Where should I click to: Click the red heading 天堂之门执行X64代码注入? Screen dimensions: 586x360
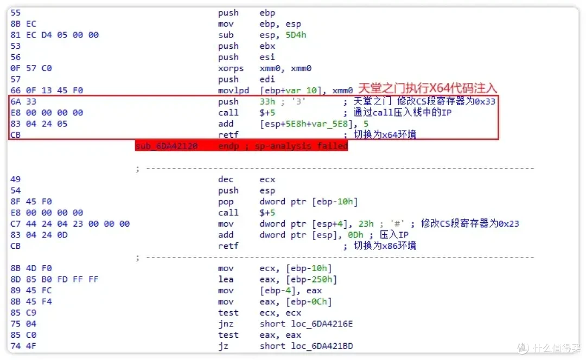pyautogui.click(x=427, y=88)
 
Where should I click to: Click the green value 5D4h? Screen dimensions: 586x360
pyautogui.click(x=296, y=35)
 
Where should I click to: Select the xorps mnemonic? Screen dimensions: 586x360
pyautogui.click(x=231, y=68)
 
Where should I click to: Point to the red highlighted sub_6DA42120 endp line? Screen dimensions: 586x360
pyautogui.click(x=241, y=146)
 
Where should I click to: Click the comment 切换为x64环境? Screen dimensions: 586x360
pyautogui.click(x=385, y=134)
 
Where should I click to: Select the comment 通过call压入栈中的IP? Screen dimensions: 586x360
pyautogui.click(x=402, y=112)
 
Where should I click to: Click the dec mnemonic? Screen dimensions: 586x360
pyautogui.click(x=225, y=179)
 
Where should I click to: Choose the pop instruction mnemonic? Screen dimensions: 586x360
pyautogui.click(x=225, y=202)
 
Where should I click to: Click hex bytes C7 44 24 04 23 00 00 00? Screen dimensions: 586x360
pyautogui.click(x=70, y=224)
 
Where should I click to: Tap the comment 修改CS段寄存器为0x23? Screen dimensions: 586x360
pyautogui.click(x=470, y=223)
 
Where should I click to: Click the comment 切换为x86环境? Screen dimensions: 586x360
pyautogui.click(x=385, y=246)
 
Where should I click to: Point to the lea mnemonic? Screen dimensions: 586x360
pyautogui.click(x=226, y=279)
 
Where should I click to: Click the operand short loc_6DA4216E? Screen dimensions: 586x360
pyautogui.click(x=306, y=324)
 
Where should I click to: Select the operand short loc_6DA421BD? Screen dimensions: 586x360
pyautogui.click(x=306, y=346)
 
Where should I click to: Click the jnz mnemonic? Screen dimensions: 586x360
pyautogui.click(x=225, y=324)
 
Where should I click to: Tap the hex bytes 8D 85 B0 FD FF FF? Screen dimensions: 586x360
pyautogui.click(x=55, y=279)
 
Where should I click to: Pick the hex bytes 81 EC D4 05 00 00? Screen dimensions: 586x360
pyautogui.click(x=55, y=35)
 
